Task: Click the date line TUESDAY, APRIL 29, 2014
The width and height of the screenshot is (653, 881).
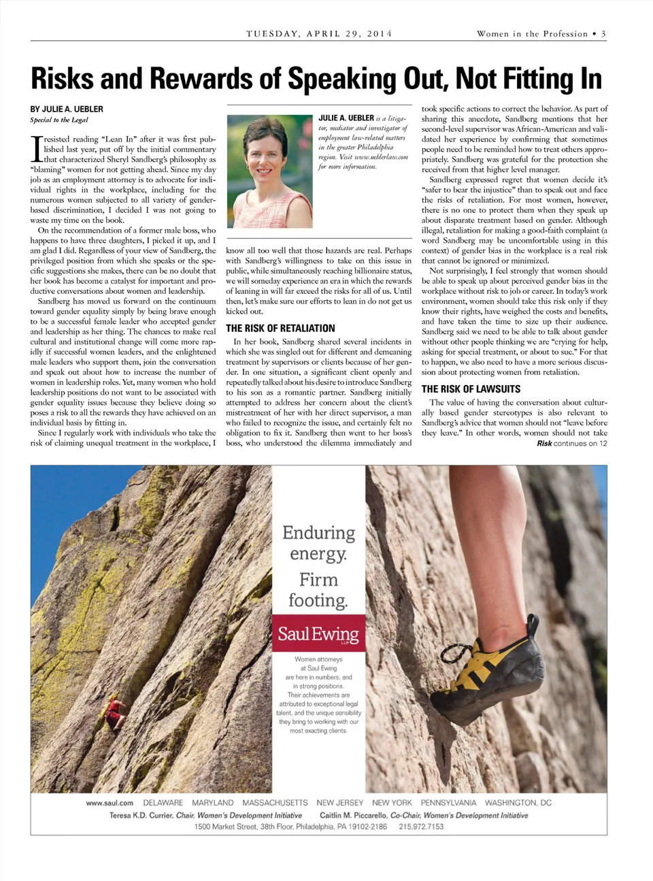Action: click(319, 33)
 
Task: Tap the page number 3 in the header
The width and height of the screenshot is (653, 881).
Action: click(603, 33)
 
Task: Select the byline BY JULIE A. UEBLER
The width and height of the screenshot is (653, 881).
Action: click(67, 109)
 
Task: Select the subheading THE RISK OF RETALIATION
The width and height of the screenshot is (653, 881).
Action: click(280, 328)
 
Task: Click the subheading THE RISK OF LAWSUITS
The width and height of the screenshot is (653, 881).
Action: click(471, 389)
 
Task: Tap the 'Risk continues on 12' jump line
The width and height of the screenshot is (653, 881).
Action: click(571, 444)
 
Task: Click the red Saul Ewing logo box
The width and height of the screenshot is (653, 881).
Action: click(318, 634)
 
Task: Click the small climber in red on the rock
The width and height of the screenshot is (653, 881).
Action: click(116, 714)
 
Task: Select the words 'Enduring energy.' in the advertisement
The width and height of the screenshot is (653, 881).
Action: click(318, 542)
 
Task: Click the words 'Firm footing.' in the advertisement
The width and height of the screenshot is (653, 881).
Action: click(318, 589)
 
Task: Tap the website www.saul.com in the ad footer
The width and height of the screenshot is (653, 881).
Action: click(110, 803)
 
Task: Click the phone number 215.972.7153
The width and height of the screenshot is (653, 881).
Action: click(421, 827)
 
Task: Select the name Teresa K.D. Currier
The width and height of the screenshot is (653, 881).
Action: click(141, 815)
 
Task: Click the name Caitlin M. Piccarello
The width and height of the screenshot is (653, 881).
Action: click(352, 815)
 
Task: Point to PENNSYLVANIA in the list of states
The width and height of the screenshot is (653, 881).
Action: click(448, 803)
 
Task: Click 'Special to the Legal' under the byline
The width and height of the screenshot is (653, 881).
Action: click(59, 120)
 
